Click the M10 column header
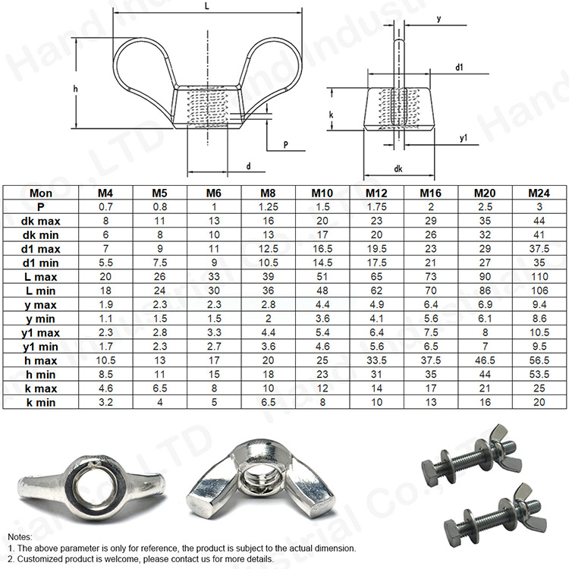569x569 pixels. point(322,193)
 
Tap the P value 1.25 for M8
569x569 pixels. point(268,206)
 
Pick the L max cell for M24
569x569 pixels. point(539,275)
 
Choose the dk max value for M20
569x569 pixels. point(485,220)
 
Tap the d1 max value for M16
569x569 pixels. point(430,248)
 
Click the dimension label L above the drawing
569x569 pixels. point(208,6)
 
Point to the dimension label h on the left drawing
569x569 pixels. point(75,90)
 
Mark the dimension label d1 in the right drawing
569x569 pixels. point(460,68)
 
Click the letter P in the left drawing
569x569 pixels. point(284,143)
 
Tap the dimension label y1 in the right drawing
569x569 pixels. point(462,138)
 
